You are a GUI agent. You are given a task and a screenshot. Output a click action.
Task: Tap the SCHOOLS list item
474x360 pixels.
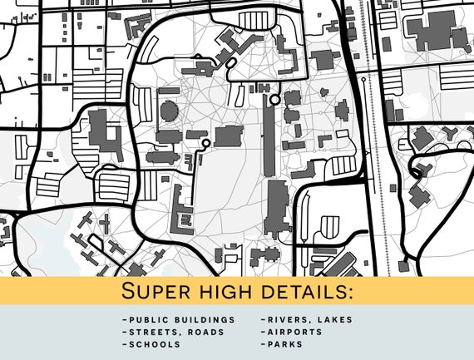[154, 343]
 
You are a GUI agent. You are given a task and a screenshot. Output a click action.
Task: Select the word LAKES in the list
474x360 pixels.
[334, 320]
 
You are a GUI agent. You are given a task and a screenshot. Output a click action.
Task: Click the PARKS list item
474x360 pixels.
[285, 343]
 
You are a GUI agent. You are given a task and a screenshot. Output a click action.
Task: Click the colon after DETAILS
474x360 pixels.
[350, 293]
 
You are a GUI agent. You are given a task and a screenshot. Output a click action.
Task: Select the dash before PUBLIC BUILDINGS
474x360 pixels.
[124, 320]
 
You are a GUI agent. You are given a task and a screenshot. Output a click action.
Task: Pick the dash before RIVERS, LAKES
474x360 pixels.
[263, 320]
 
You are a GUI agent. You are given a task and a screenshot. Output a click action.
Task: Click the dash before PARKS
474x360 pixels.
[263, 343]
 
